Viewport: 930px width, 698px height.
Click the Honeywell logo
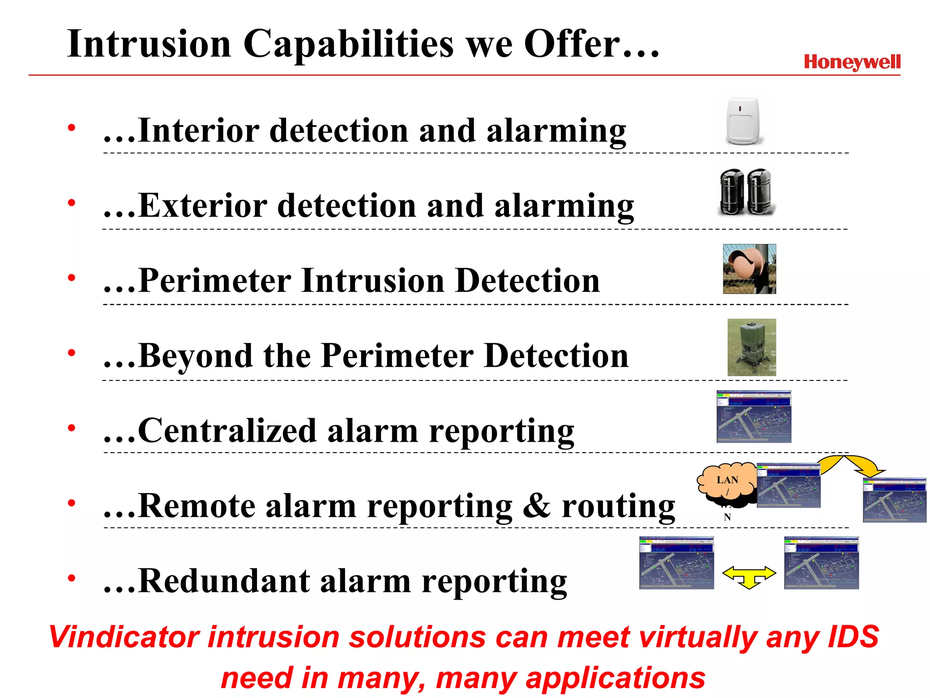tap(852, 62)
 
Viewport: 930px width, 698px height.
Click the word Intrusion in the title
tap(149, 44)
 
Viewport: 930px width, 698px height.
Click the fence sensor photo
tap(749, 269)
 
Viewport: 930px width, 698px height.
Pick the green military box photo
tap(752, 347)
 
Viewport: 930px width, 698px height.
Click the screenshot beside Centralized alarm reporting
tap(754, 417)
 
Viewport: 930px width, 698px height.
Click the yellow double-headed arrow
tap(749, 576)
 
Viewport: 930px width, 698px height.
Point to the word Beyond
tap(195, 356)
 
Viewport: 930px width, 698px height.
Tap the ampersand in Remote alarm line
tap(537, 506)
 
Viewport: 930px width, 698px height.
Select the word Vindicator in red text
tap(124, 637)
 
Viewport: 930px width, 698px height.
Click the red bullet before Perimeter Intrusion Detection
tap(71, 278)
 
